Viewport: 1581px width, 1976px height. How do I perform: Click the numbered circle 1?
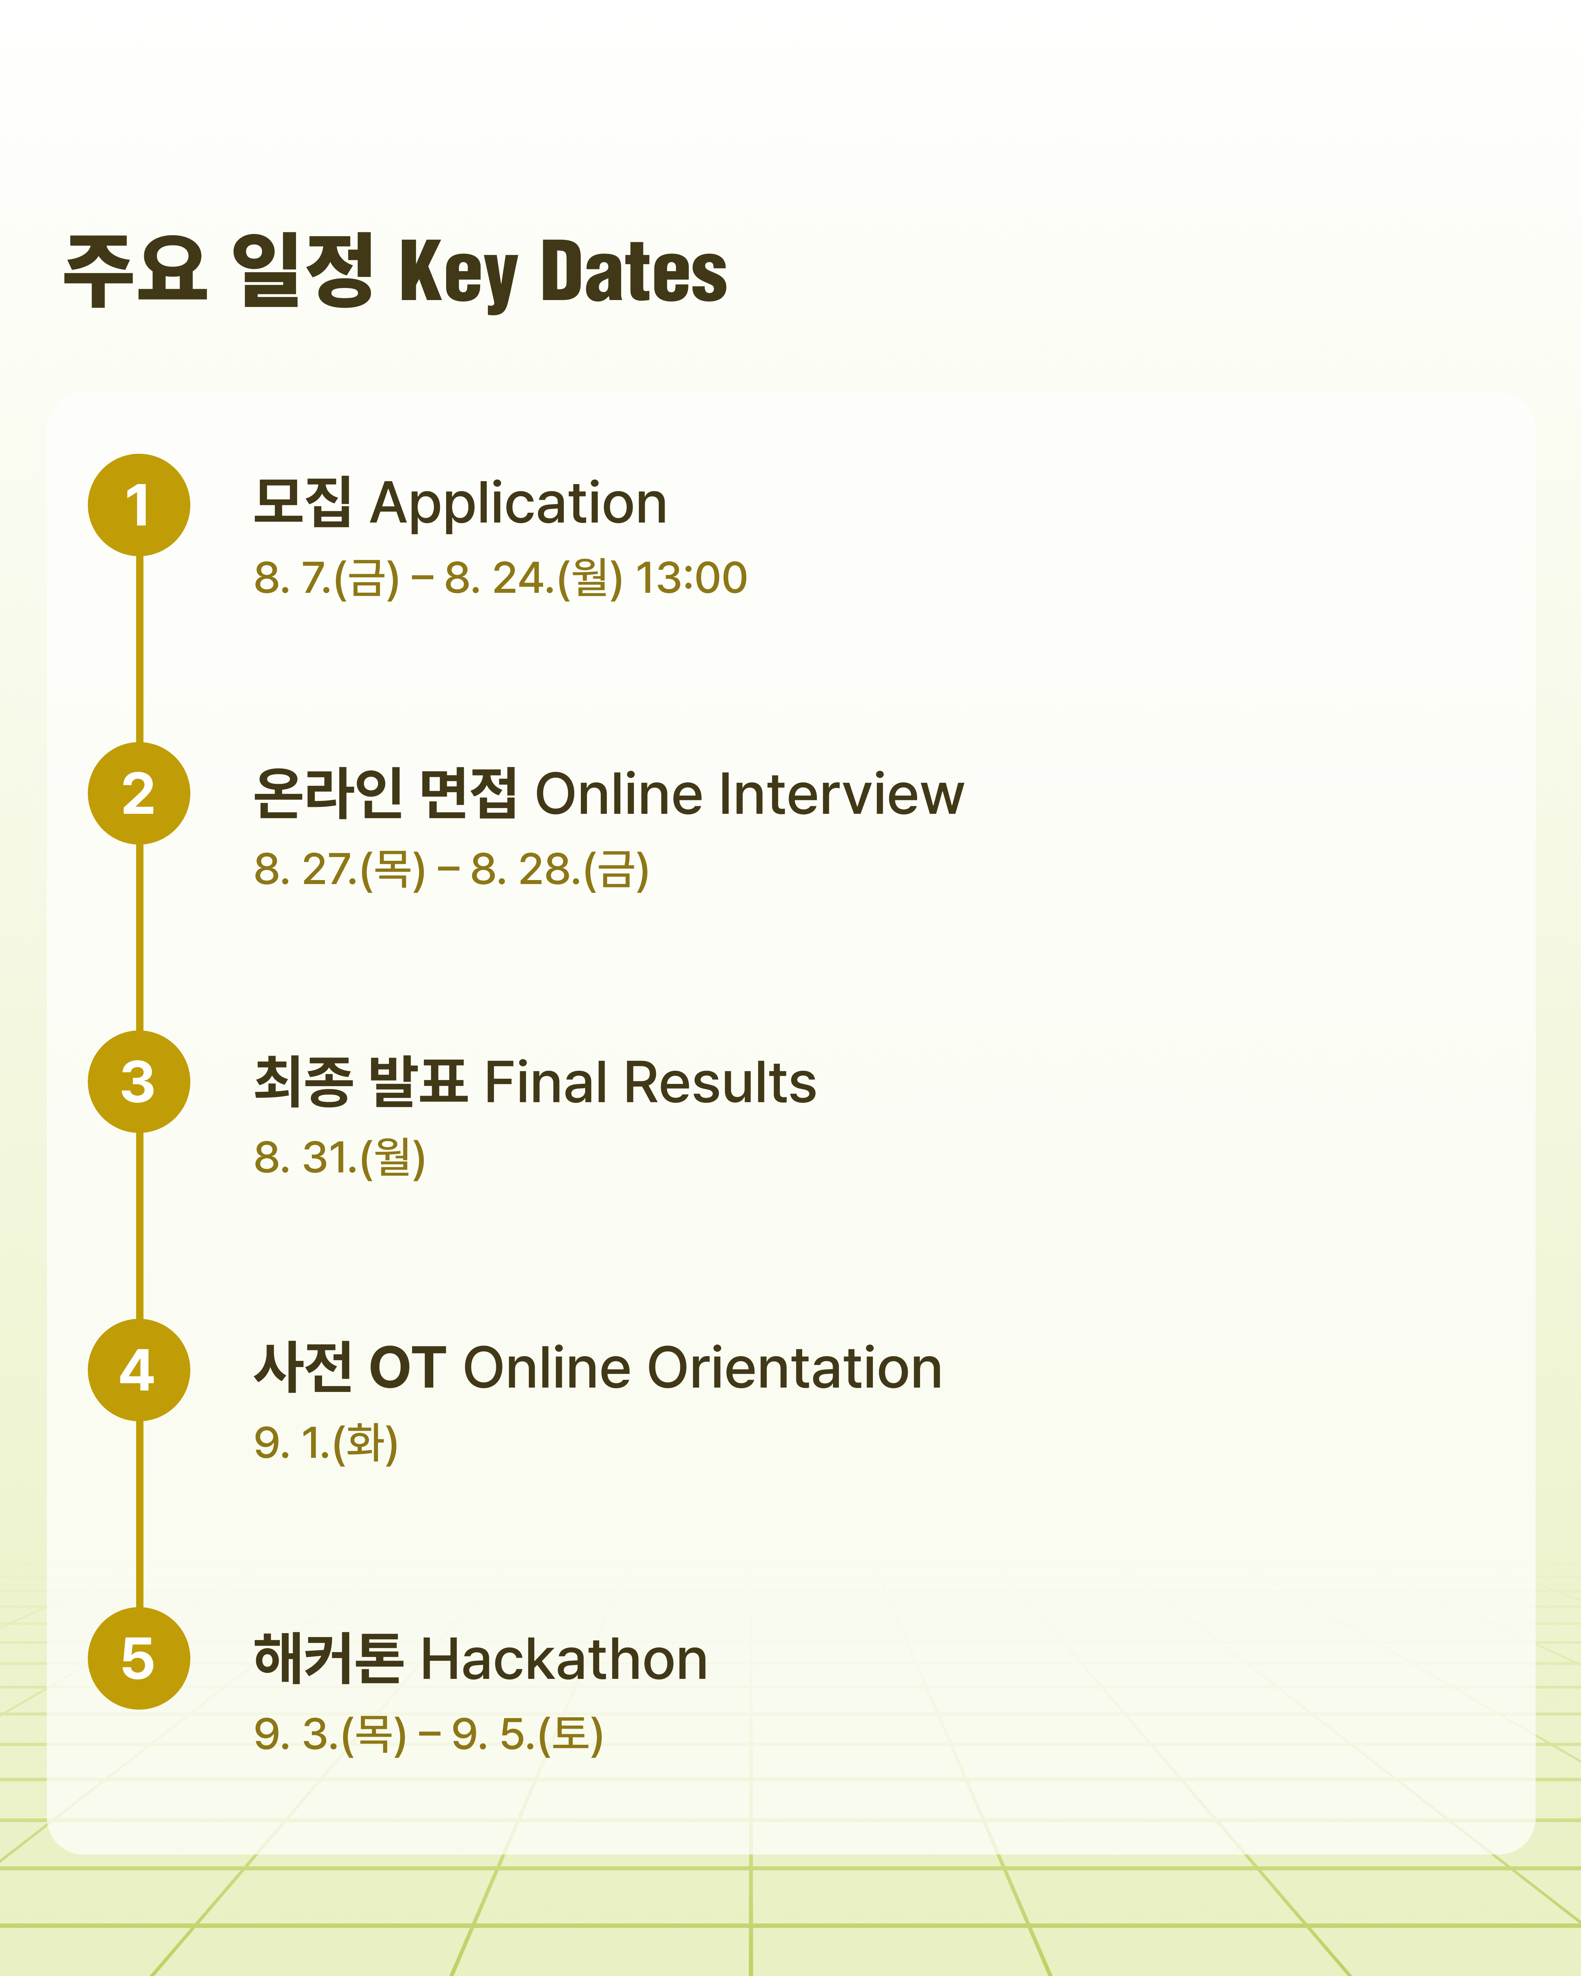pos(138,505)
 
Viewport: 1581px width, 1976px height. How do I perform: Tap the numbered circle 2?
pos(138,793)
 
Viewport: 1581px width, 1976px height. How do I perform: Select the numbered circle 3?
pos(138,1081)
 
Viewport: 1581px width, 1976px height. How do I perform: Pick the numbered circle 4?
pos(138,1370)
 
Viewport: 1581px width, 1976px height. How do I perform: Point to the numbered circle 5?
pos(138,1659)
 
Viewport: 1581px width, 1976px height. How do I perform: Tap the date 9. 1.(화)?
pos(326,1444)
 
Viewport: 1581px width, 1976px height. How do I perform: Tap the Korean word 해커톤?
pos(328,1659)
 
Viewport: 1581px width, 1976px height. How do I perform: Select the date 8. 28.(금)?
pos(560,870)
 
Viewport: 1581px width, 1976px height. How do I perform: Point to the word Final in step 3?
pos(545,1082)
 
